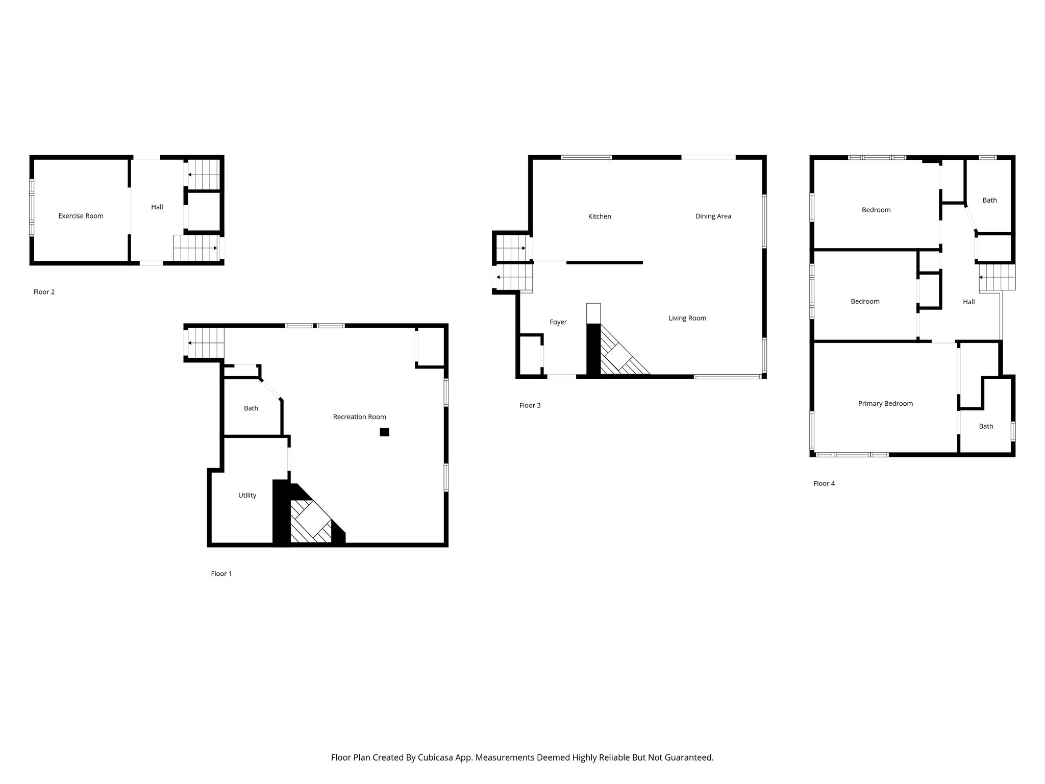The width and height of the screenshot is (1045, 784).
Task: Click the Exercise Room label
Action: [81, 216]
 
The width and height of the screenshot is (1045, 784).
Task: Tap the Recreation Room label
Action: [359, 417]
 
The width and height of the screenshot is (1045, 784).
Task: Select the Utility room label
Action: [247, 495]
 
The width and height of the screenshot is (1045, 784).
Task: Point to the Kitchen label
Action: [600, 216]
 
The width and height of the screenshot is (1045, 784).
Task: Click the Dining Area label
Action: [713, 216]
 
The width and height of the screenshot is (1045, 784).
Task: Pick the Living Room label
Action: [687, 318]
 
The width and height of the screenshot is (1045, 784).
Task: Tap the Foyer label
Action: [558, 322]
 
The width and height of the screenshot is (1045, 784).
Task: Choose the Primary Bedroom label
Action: [885, 404]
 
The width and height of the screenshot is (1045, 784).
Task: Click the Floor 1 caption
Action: [221, 574]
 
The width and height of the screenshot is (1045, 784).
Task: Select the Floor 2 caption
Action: [44, 292]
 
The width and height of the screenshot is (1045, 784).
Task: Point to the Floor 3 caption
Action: [530, 405]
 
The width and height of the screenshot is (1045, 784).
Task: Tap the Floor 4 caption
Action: [824, 483]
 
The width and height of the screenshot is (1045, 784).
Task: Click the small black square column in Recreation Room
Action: [384, 432]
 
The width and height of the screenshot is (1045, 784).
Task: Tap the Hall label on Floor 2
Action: [157, 207]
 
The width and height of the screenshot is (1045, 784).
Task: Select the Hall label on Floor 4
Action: [968, 302]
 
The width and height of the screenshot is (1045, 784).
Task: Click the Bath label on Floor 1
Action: [251, 408]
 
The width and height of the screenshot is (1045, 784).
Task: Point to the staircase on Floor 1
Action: [206, 342]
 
